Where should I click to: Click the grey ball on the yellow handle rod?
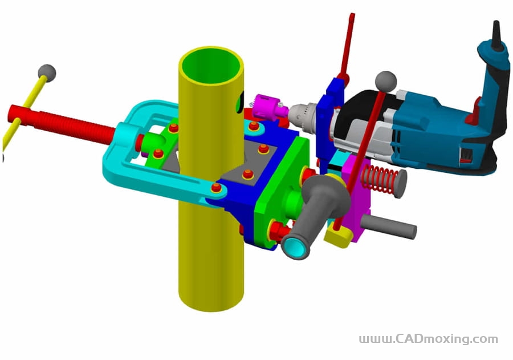point(47,72)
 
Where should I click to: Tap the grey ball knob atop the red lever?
point(386,82)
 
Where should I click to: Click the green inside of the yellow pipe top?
point(211,67)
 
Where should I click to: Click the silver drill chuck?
point(302,117)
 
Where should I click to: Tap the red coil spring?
point(377,179)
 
